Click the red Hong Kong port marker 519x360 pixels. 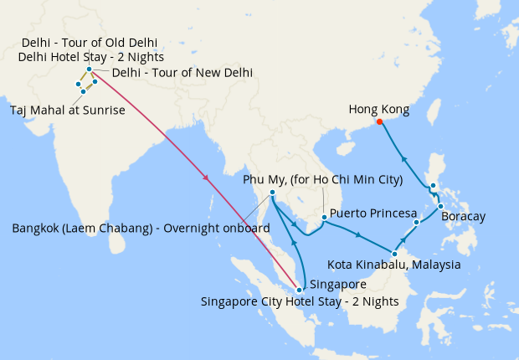coord(379,121)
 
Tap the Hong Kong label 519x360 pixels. coord(378,109)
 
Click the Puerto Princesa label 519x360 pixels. coord(373,213)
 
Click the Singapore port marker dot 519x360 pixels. coord(299,290)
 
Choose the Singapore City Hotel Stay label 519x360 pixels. coord(299,301)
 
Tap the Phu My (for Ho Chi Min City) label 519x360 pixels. coord(322,180)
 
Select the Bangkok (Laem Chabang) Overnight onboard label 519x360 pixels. coord(141,228)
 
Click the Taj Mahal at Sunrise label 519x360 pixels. coord(67,110)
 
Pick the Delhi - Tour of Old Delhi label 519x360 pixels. coord(90,43)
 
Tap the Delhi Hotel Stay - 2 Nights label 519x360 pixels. coord(90,57)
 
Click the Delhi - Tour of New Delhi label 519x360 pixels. coord(182,73)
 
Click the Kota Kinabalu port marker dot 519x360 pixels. coord(393,251)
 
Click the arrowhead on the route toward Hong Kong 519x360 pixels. coord(403,157)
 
